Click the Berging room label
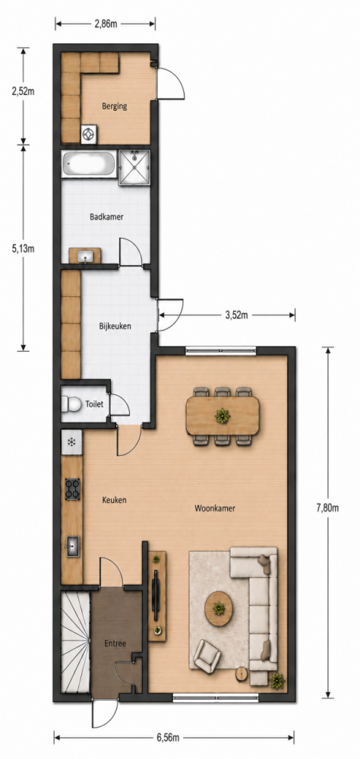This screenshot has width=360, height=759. (x=114, y=106)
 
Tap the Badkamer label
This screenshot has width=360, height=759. (x=106, y=217)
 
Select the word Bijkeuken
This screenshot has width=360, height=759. (x=115, y=326)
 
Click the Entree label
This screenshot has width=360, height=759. (x=115, y=644)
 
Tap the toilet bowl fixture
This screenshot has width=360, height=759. (x=71, y=403)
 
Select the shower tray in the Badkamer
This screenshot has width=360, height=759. (x=134, y=167)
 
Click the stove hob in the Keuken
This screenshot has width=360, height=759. (x=73, y=489)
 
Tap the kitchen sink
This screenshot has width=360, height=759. (x=73, y=546)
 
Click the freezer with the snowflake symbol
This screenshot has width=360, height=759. (x=71, y=441)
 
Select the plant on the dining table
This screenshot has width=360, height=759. (x=223, y=416)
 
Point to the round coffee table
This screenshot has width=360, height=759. (x=219, y=609)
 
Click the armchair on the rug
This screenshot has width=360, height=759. (x=207, y=654)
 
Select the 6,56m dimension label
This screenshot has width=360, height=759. (x=168, y=738)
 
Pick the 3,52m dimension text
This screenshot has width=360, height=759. (x=237, y=315)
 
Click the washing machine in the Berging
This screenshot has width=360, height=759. (x=90, y=134)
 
